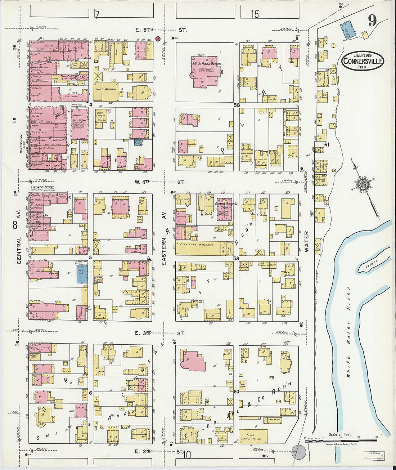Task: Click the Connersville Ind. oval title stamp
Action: (x=363, y=61)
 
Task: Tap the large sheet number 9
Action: (x=372, y=21)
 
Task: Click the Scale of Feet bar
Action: (x=341, y=440)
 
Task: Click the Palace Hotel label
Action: (x=40, y=188)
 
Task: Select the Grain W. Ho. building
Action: (x=253, y=437)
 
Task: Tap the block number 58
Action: (x=236, y=105)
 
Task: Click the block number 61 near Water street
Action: (x=327, y=144)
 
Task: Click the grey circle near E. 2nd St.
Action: (x=298, y=451)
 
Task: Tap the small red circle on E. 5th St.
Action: (x=158, y=39)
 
